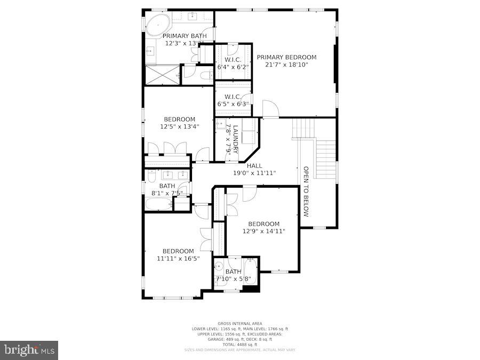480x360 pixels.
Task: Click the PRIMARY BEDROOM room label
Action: (x=286, y=57)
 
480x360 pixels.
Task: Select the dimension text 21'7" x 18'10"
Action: (x=286, y=65)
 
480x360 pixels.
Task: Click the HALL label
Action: (x=254, y=166)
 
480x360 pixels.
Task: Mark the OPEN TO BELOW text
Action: (x=306, y=191)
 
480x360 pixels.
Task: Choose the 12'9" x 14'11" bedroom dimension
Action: (x=263, y=231)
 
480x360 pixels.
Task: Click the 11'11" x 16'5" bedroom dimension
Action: (x=178, y=259)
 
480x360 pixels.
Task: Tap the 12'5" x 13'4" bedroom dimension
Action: (x=179, y=127)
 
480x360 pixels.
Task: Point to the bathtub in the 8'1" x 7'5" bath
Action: (x=158, y=204)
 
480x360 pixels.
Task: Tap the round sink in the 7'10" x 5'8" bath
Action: (x=219, y=266)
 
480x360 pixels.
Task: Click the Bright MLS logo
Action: (x=29, y=350)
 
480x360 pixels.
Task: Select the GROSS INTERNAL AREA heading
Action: (x=239, y=324)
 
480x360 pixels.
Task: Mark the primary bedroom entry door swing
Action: (x=270, y=109)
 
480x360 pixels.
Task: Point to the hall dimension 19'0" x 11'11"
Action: (x=254, y=173)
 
